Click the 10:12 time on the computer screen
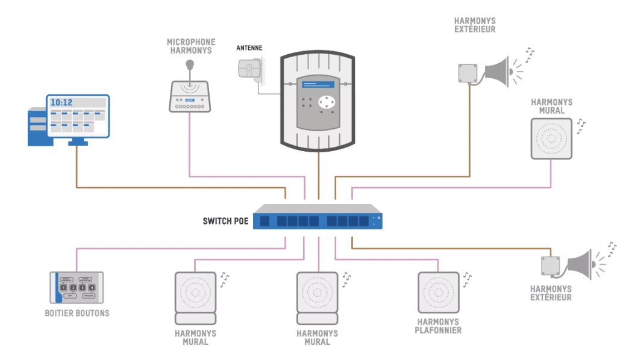(x=61, y=102)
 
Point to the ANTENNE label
(x=249, y=48)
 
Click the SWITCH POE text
(x=225, y=221)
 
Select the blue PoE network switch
(x=317, y=218)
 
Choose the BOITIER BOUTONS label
(x=77, y=314)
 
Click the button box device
(x=77, y=287)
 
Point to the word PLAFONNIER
(x=439, y=330)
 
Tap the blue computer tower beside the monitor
(x=37, y=126)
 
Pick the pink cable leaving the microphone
(x=190, y=144)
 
